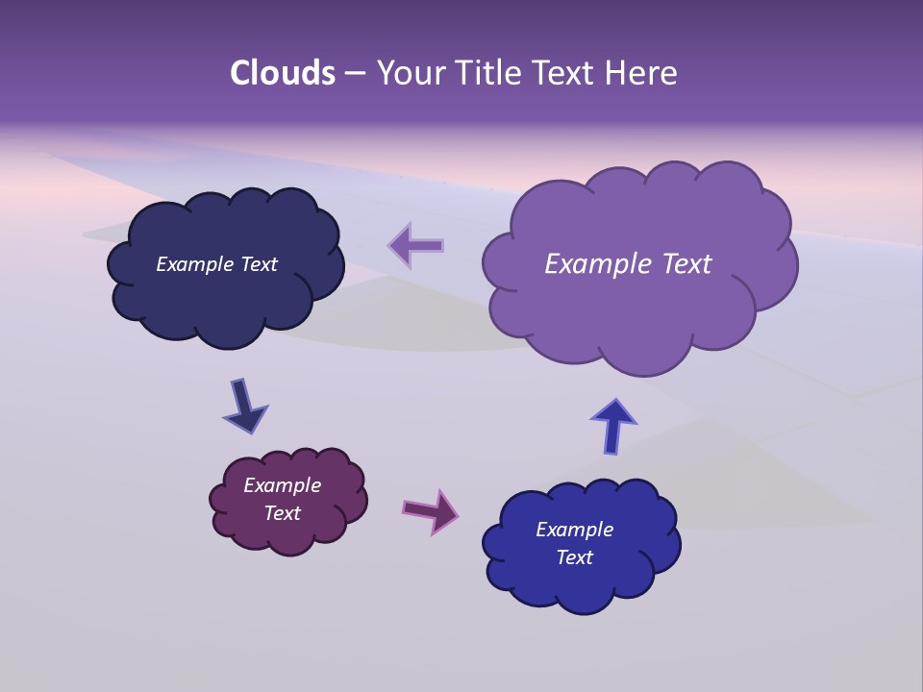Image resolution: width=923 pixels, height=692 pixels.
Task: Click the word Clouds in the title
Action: pos(282,73)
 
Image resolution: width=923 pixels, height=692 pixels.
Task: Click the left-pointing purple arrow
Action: pos(416,245)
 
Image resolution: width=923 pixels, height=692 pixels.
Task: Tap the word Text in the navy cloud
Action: pos(259,264)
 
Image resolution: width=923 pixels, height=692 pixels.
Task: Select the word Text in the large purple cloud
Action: pos(686,264)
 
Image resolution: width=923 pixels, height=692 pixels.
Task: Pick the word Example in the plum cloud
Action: pos(282,485)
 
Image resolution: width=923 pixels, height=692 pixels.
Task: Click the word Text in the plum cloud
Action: pos(282,513)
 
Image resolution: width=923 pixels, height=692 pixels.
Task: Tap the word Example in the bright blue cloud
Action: pos(574,530)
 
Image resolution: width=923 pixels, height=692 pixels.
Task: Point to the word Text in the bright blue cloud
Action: pos(574,557)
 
